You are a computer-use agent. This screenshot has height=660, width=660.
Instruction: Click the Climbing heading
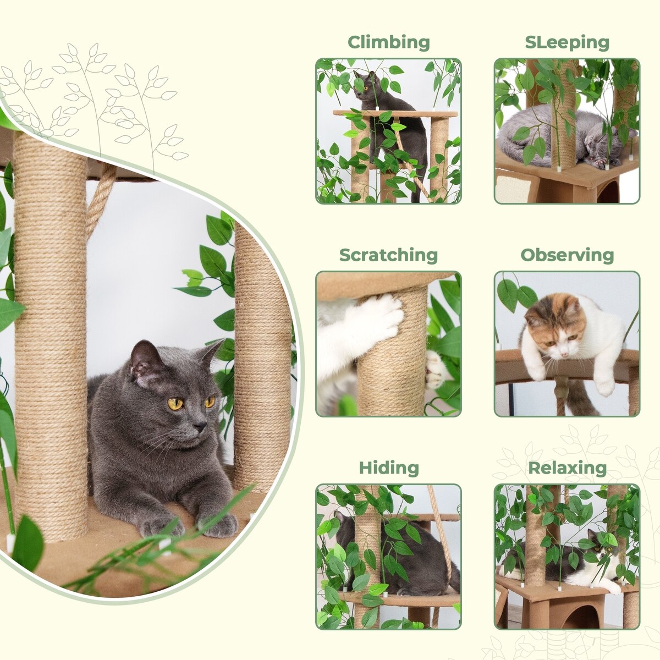click(388, 42)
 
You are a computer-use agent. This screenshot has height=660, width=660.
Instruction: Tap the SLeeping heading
click(567, 42)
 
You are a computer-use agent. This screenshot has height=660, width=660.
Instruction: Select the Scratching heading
click(388, 256)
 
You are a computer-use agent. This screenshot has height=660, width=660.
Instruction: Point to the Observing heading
click(567, 255)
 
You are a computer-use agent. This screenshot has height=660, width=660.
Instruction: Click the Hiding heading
click(389, 468)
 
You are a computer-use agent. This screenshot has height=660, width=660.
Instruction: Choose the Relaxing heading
click(567, 468)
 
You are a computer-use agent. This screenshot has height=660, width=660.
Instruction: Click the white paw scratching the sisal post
click(380, 315)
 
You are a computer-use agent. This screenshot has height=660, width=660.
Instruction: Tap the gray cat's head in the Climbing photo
click(366, 86)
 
